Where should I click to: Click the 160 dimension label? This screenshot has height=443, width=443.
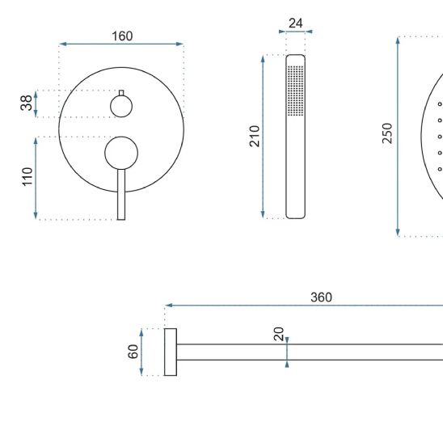tap(122, 36)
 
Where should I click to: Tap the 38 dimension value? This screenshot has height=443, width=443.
tap(27, 103)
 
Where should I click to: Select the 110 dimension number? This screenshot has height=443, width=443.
tap(27, 177)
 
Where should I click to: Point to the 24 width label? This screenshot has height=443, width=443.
tap(296, 23)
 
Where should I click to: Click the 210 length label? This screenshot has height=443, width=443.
tap(255, 136)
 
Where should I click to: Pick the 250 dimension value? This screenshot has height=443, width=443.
tap(387, 133)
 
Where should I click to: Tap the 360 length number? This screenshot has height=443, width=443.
tap(321, 297)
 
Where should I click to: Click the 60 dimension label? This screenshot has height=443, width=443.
tap(133, 352)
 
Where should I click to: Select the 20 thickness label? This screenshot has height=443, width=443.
tap(279, 334)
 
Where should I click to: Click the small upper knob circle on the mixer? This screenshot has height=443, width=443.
tap(121, 106)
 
